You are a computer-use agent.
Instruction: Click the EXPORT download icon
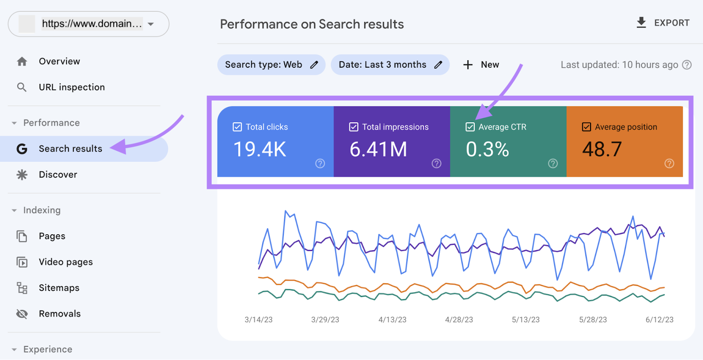click(x=641, y=22)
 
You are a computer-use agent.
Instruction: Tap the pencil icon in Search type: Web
click(x=314, y=65)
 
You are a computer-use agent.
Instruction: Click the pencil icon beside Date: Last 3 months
click(x=438, y=65)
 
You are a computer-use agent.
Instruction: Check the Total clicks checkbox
click(x=237, y=127)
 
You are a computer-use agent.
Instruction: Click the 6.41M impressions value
click(x=378, y=149)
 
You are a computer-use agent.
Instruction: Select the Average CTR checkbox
click(x=470, y=127)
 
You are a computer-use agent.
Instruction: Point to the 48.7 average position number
click(x=602, y=149)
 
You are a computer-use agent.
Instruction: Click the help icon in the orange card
click(x=669, y=164)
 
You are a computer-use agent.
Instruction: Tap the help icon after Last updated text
click(x=687, y=65)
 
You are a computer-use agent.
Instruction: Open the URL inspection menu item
click(x=72, y=87)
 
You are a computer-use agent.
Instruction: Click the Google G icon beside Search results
click(x=22, y=149)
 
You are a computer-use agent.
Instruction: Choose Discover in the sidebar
click(x=58, y=175)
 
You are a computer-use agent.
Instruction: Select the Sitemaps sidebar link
click(x=59, y=288)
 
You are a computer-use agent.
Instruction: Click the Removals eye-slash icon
click(x=22, y=314)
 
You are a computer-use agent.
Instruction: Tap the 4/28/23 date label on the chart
click(x=459, y=320)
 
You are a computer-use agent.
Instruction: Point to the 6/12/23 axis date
click(x=659, y=320)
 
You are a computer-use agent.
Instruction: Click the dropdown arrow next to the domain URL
click(x=151, y=24)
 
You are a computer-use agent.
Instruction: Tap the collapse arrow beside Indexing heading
click(x=14, y=211)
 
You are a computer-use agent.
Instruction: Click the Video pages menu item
click(x=65, y=262)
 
